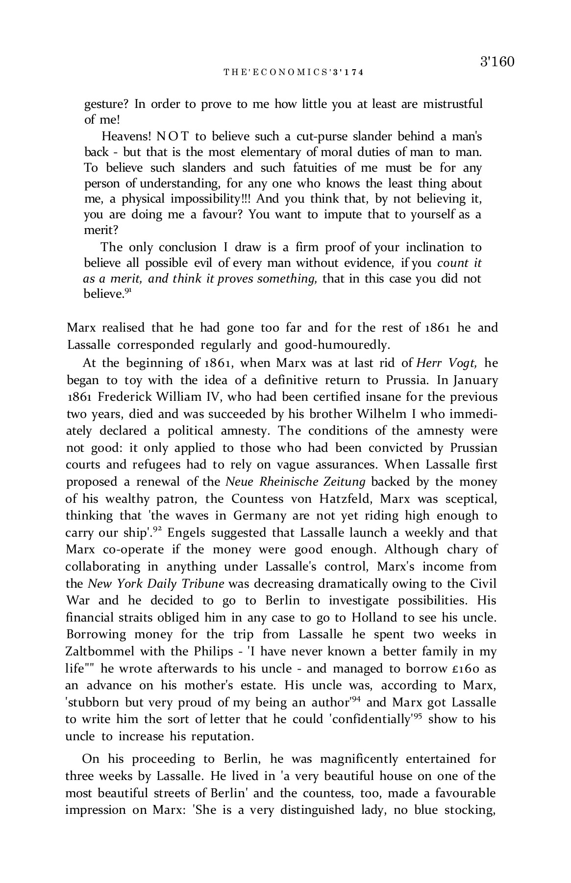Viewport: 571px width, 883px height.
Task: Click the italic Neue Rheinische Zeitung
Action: (296, 482)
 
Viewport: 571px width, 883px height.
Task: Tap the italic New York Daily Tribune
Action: (156, 584)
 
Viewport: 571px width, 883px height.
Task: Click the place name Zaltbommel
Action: (100, 651)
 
